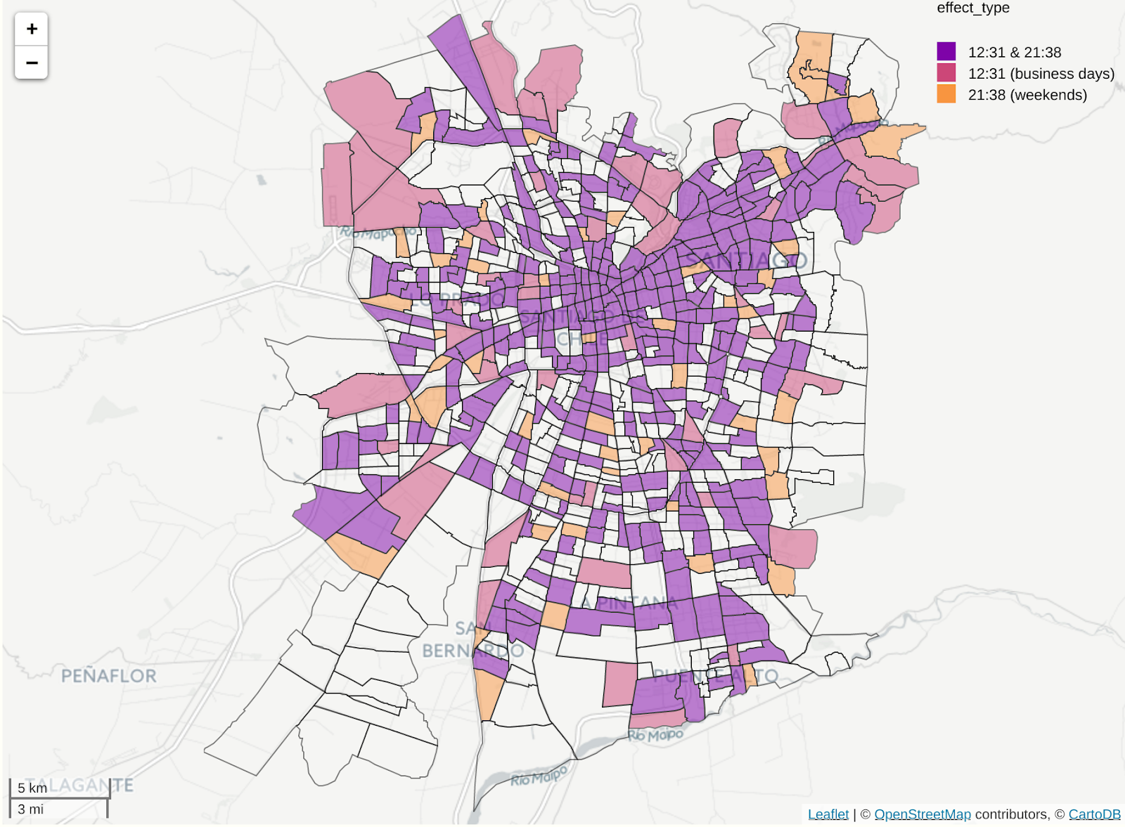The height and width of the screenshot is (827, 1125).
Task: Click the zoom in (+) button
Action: [32, 30]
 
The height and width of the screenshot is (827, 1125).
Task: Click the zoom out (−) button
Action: [32, 63]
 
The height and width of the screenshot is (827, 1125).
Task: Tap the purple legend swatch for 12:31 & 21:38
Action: [946, 51]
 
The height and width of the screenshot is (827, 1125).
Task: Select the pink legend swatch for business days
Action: [946, 72]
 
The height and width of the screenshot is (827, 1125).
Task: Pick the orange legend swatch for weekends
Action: [946, 93]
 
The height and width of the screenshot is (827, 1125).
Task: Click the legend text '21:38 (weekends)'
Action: [1027, 95]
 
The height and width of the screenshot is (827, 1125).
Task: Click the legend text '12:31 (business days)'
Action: [1041, 74]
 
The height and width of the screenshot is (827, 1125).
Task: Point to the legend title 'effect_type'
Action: [972, 8]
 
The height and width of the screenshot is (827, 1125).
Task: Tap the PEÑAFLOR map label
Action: [109, 676]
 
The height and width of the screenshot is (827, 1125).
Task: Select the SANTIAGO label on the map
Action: [745, 261]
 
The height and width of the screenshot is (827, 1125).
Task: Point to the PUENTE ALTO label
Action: [715, 676]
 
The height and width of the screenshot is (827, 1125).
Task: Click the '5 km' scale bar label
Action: [32, 788]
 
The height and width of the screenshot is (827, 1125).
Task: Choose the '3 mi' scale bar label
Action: [31, 809]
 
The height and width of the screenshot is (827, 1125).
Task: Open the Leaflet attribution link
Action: [828, 814]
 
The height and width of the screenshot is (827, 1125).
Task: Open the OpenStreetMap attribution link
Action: [922, 814]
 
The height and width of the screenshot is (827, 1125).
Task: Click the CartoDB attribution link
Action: [1094, 814]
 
